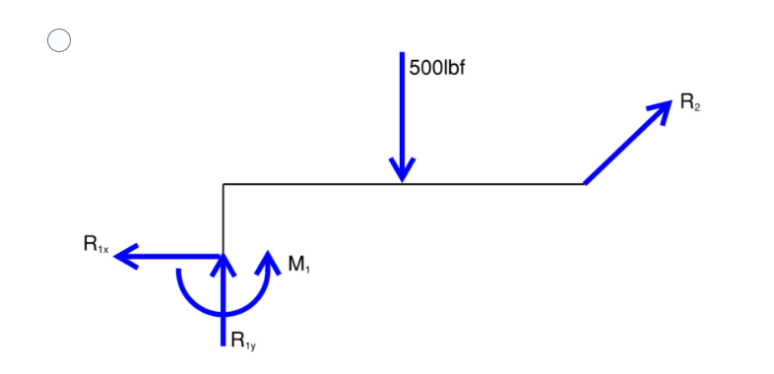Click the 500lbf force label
(436, 72)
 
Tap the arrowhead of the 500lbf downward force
(401, 170)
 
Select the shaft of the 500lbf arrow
(401, 108)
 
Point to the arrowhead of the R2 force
(665, 107)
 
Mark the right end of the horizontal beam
(584, 183)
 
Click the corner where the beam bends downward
(224, 183)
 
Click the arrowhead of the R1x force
(123, 257)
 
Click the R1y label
(243, 342)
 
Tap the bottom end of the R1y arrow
(224, 344)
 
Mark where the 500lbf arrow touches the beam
(401, 182)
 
